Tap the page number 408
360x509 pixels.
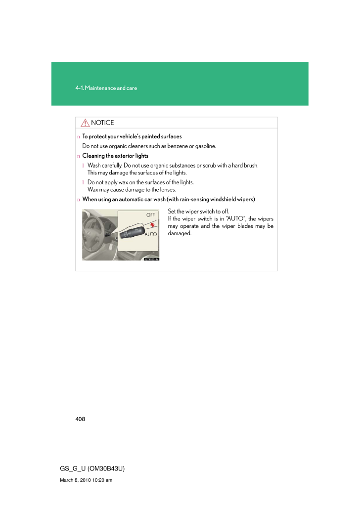click(x=81, y=419)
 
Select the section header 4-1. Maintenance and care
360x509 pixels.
click(x=106, y=88)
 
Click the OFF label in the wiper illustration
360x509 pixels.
click(x=151, y=214)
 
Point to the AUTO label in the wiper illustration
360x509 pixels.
click(x=151, y=234)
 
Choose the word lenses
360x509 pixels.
click(x=167, y=189)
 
